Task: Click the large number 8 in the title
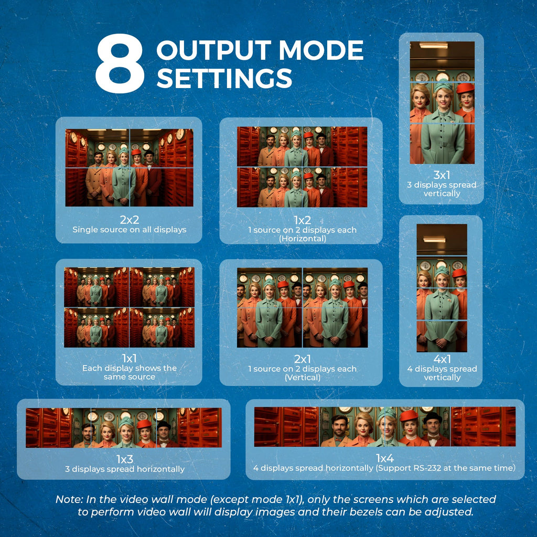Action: [120, 63]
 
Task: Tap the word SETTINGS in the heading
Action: [224, 78]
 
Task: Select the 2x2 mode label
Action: [130, 219]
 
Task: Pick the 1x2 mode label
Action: [303, 220]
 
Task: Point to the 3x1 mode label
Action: [442, 175]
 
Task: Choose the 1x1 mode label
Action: [129, 358]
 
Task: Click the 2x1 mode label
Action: [303, 359]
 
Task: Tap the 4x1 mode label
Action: [442, 359]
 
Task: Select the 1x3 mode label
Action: [125, 459]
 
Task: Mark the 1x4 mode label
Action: [385, 458]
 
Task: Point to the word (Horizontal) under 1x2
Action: [303, 239]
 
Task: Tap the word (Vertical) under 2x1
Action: [303, 378]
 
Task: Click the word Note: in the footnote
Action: [69, 499]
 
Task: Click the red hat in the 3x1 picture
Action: [466, 88]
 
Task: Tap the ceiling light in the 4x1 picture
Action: [434, 239]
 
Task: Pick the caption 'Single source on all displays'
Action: [130, 230]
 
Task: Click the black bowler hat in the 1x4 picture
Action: [432, 417]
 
